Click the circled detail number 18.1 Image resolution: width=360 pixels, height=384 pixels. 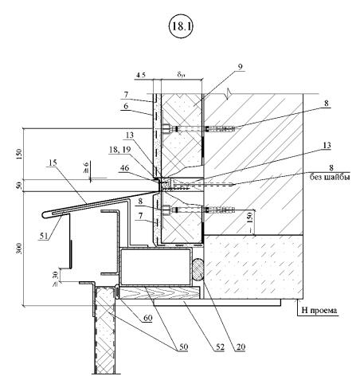tap(181, 26)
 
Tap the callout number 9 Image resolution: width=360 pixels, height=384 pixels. tap(240, 67)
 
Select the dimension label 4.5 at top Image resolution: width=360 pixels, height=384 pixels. tap(140, 75)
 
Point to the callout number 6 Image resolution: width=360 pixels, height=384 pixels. tap(126, 106)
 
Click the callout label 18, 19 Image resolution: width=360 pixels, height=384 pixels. tap(119, 150)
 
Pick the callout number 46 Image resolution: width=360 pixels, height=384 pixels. tap(124, 167)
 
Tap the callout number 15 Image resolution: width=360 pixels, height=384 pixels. tap(53, 163)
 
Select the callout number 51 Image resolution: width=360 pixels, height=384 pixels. tap(44, 235)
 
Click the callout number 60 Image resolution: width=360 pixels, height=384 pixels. tap(147, 318)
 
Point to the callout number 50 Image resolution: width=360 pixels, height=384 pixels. tap(183, 347)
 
